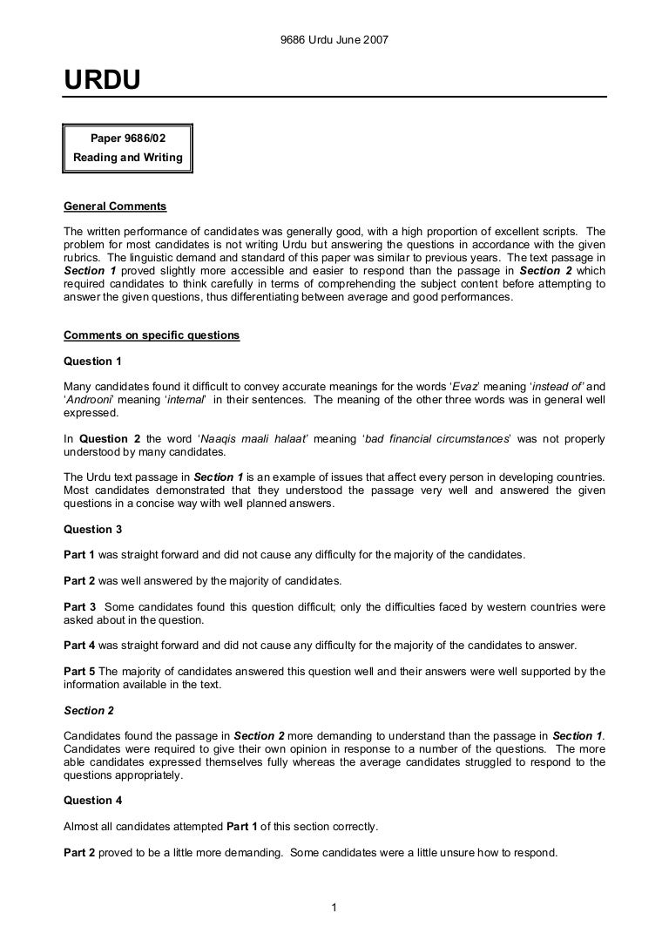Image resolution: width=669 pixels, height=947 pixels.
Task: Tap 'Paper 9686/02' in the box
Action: coord(127,138)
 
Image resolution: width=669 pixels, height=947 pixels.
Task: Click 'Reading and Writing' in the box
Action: coord(127,158)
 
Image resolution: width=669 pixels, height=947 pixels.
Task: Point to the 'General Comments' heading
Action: coord(115,207)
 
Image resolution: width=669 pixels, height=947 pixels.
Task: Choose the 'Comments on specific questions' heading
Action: coord(152,335)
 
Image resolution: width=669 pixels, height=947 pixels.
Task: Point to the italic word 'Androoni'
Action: coord(90,399)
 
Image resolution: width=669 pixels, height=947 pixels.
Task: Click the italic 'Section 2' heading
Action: coord(89,710)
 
